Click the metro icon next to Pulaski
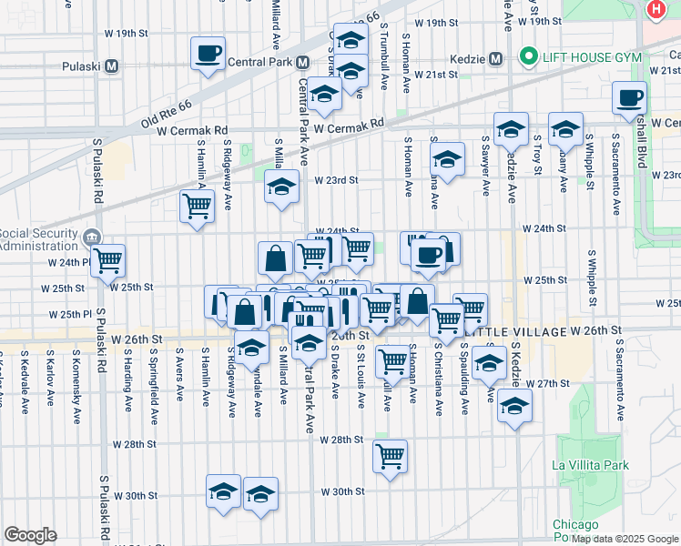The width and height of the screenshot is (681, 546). tap(112, 66)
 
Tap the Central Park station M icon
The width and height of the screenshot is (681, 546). tap(301, 63)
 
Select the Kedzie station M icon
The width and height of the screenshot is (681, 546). tap(496, 58)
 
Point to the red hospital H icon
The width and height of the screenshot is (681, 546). tap(656, 9)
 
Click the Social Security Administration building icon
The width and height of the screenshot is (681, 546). tap(92, 238)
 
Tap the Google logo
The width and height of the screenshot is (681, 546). tap(30, 535)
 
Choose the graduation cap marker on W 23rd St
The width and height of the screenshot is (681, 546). tap(282, 187)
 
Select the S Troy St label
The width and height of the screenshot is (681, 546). tap(538, 151)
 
